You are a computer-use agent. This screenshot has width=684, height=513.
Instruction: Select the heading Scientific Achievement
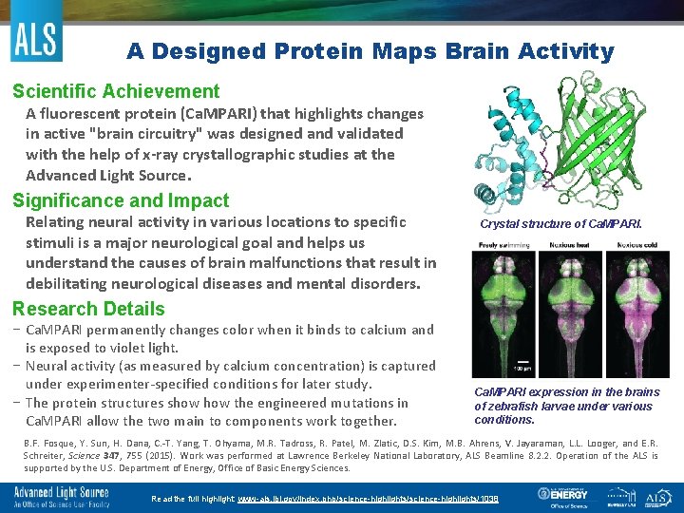[116, 92]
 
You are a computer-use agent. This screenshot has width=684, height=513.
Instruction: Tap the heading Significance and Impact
[121, 200]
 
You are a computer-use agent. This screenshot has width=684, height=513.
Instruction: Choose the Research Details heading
[88, 309]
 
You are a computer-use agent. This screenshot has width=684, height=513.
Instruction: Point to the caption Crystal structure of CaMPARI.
[560, 225]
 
